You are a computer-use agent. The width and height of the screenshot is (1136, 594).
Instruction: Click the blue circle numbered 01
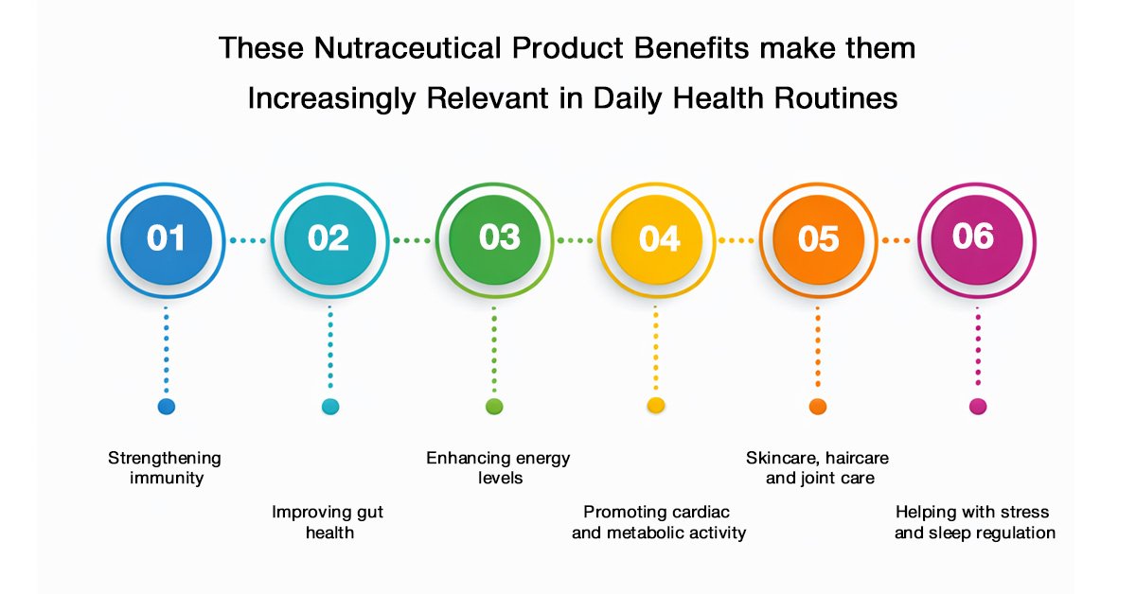click(167, 240)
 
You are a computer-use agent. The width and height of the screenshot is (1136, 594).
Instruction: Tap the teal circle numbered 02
click(330, 240)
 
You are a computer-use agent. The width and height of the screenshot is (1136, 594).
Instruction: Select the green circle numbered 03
click(494, 240)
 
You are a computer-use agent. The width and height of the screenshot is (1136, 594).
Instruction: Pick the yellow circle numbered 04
click(657, 240)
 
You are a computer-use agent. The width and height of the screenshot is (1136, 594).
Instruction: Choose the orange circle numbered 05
click(819, 240)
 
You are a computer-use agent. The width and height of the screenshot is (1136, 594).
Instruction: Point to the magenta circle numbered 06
click(977, 240)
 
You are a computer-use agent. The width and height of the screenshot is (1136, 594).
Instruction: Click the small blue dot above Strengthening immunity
click(167, 407)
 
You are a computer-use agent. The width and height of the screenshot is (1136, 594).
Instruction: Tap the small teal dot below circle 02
click(330, 407)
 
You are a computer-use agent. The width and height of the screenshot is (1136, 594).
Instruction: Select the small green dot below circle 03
click(494, 407)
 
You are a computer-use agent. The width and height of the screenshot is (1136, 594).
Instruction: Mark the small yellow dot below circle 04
click(656, 406)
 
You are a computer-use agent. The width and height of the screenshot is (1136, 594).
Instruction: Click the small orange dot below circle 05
click(818, 407)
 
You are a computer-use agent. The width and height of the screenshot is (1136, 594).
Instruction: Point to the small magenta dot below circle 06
click(978, 407)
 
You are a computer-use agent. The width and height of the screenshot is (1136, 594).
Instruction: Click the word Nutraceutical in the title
click(407, 48)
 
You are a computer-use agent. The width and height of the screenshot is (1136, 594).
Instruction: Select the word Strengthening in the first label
click(165, 459)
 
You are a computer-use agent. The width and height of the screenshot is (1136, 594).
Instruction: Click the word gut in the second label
click(370, 513)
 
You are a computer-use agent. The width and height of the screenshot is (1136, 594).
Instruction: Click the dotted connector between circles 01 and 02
click(248, 241)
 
